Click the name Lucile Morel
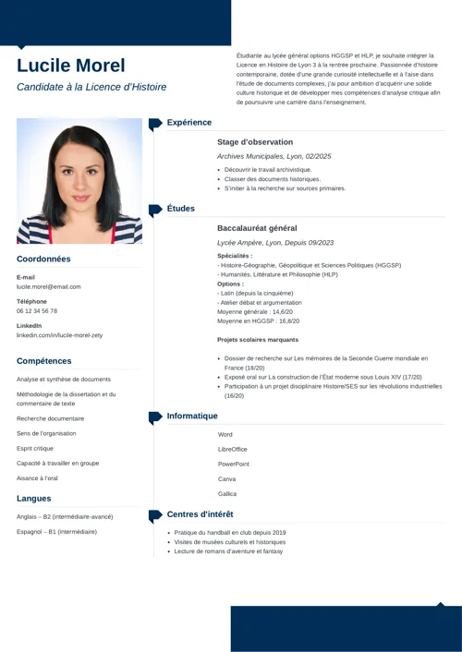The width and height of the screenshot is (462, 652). [71, 66]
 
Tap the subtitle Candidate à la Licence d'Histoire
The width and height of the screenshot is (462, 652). [91, 87]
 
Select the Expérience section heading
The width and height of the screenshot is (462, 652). [188, 122]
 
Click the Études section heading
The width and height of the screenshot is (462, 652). [180, 209]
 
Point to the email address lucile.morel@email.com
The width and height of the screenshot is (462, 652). [48, 286]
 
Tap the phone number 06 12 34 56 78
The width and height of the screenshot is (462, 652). [37, 311]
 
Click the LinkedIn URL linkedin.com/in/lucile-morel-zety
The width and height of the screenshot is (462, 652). [59, 335]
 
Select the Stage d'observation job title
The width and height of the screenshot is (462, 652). [255, 142]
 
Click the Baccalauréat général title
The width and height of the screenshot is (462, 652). [257, 228]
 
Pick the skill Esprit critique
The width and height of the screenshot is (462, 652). [35, 448]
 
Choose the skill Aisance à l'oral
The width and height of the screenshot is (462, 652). [37, 477]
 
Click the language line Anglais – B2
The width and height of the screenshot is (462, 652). [65, 516]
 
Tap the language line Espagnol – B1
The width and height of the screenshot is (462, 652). [56, 531]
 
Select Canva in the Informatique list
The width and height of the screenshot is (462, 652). [227, 478]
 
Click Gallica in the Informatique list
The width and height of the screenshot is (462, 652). [227, 493]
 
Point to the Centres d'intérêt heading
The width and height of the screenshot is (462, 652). [200, 513]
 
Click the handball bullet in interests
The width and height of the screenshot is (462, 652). [230, 532]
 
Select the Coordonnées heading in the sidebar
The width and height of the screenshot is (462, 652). [43, 259]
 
